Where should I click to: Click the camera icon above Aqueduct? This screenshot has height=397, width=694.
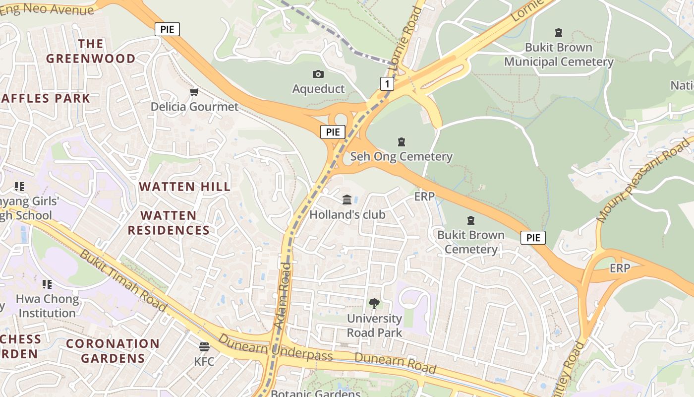tap(318, 74)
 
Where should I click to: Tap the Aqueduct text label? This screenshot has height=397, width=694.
tap(318, 89)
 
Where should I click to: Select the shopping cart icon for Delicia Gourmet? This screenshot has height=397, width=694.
tap(194, 92)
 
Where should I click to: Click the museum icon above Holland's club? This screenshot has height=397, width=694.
tap(347, 199)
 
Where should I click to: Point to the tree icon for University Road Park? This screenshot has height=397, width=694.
tap(374, 303)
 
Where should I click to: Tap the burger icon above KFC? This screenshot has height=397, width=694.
tap(204, 346)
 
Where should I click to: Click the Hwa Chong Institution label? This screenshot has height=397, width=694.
tap(47, 306)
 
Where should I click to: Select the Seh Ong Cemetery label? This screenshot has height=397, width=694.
tap(402, 157)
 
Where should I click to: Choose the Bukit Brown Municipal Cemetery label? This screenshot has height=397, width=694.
tap(559, 55)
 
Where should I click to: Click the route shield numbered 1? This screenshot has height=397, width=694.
tap(387, 84)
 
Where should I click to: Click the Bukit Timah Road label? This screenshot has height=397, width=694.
tap(123, 280)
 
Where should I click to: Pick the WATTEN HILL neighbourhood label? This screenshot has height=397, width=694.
tap(184, 187)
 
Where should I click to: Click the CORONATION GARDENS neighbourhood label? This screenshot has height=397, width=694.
tap(113, 351)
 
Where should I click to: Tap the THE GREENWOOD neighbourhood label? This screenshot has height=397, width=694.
tap(91, 51)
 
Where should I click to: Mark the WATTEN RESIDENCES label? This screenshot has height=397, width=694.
tap(169, 223)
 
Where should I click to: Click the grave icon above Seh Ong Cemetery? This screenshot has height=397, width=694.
tap(402, 142)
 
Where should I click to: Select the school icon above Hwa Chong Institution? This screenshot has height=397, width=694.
tap(47, 284)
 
